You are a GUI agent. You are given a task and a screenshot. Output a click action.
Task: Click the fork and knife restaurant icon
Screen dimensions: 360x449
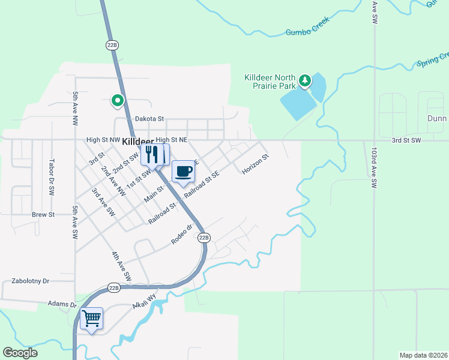tap(151, 154)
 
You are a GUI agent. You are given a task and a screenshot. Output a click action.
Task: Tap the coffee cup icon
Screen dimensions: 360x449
tap(184, 171)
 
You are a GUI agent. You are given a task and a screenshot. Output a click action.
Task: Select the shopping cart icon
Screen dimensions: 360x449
tap(91, 318)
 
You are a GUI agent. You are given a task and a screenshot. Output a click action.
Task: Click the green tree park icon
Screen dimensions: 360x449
tap(305, 80)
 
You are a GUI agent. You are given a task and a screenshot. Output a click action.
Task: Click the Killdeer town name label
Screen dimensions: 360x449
tap(137, 143)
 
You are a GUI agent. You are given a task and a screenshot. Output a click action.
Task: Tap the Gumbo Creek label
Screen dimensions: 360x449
tap(308, 29)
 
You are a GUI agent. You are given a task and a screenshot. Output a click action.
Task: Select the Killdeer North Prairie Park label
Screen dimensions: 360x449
tap(270, 82)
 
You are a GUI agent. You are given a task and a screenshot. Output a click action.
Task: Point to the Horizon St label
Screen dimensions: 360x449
tap(255, 164)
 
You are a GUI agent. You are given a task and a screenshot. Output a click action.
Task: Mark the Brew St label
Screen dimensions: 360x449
tap(43, 214)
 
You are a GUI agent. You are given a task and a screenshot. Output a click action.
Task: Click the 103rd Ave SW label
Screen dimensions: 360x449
tap(373, 169)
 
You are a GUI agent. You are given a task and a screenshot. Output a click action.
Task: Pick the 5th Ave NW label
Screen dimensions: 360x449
tap(75, 104)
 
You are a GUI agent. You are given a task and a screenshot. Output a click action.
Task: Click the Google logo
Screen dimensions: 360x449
tap(20, 353)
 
